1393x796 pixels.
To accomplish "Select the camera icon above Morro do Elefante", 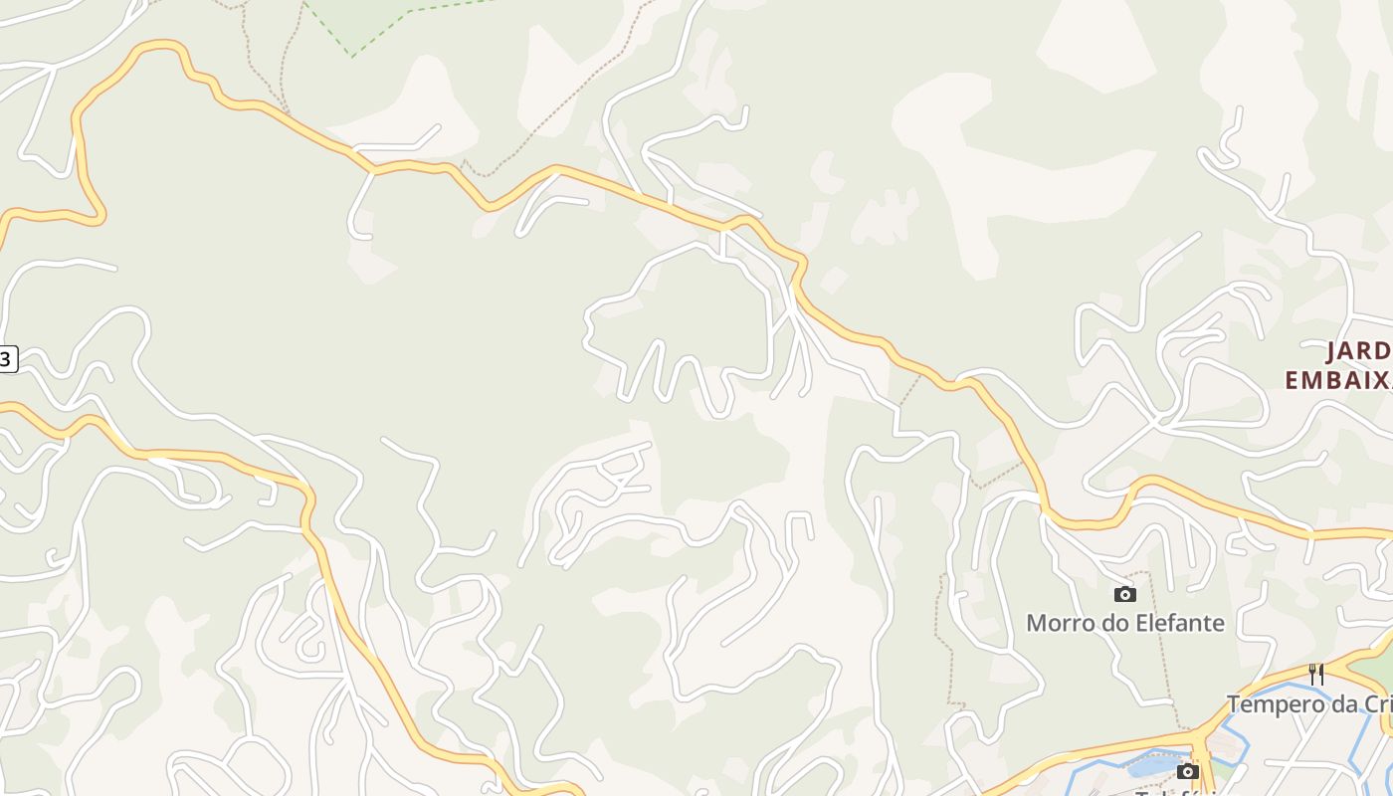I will pos(1125,594).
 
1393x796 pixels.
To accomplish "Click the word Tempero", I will pos(1274,704).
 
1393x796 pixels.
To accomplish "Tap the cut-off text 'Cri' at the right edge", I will pos(1378,704).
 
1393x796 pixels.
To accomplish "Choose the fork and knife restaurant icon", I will pos(1315,675).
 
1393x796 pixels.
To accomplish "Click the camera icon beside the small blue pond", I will pos(1187,771).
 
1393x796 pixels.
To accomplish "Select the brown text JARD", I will pos(1359,351).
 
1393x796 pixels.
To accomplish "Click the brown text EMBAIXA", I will pos(1338,380).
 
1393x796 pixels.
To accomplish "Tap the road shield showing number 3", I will pos(7,359).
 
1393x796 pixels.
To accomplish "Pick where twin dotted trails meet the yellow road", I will pos(285,111).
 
